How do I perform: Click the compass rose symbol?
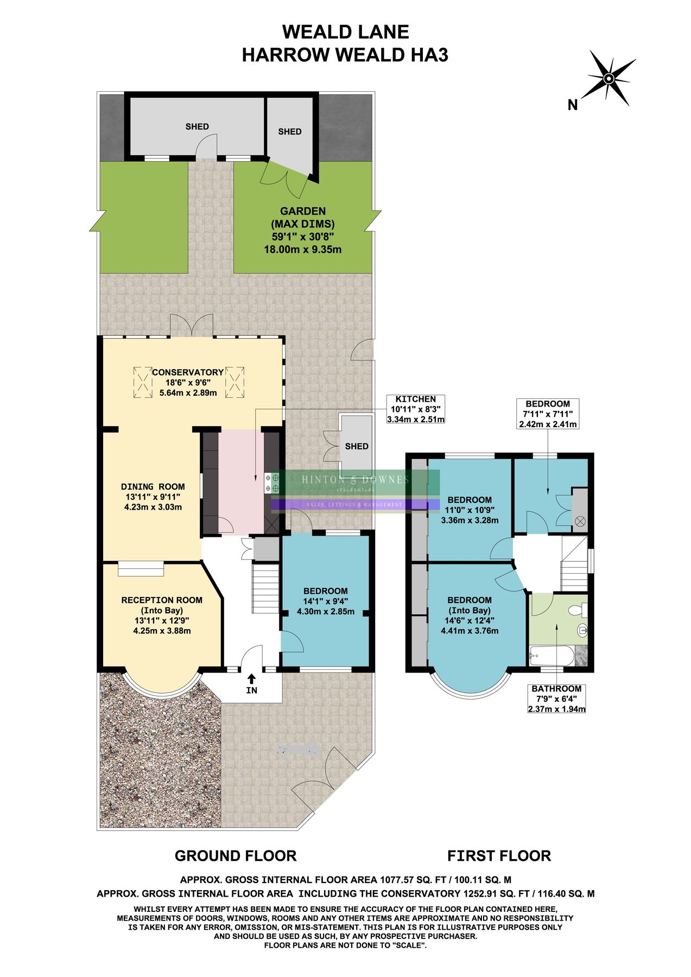coord(610,78)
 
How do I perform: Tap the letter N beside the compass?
coord(572,105)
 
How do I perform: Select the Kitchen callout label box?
coord(415,409)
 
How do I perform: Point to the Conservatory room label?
coord(188,382)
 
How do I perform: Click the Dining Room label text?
coord(153,497)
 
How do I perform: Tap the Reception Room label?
coord(162,615)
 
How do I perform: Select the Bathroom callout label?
coord(556,699)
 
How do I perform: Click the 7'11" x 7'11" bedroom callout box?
coord(547,414)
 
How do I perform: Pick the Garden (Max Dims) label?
coord(303,230)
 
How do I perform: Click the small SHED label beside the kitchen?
coord(357,446)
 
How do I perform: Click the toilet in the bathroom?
coord(576,611)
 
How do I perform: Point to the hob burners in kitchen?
coord(272,483)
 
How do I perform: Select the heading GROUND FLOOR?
coord(236,856)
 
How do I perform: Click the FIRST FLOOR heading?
coord(499,856)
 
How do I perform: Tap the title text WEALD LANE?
coord(345,32)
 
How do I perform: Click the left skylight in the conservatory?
coord(142,383)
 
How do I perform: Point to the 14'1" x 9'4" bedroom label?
coord(326,601)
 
